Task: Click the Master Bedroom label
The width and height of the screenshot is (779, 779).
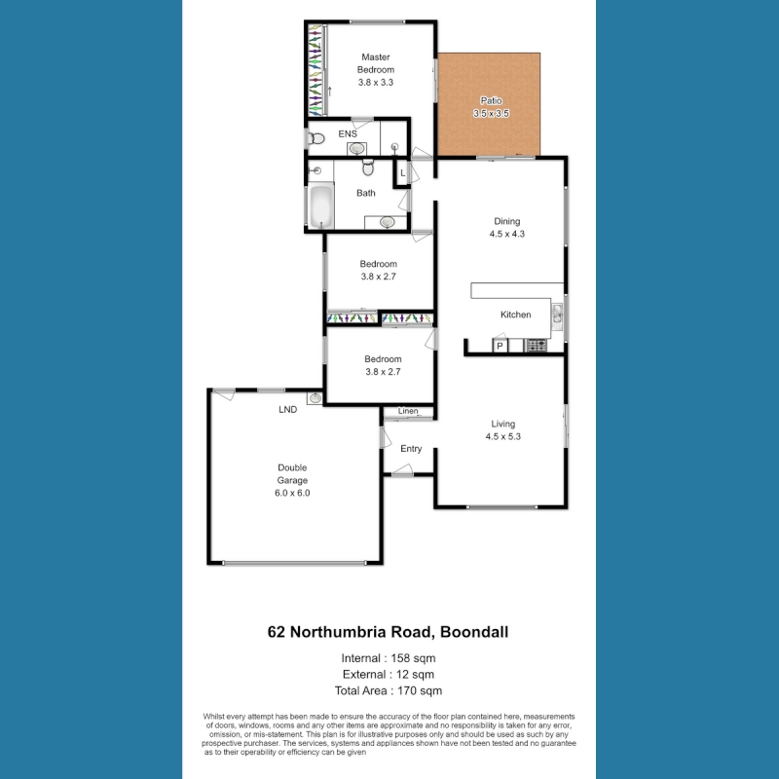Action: pos(376,63)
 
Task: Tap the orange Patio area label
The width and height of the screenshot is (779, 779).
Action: pos(491,100)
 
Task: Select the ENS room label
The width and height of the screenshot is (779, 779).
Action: pos(348,133)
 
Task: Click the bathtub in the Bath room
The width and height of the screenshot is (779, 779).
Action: pos(320,206)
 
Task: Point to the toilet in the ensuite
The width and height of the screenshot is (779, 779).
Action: pos(315,138)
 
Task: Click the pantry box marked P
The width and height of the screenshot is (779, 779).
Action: pos(500,346)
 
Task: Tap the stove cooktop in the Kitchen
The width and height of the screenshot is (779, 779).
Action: pos(537,346)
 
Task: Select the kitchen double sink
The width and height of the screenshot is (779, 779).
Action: pos(557,317)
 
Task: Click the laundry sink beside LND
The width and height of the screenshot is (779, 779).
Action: pos(315,398)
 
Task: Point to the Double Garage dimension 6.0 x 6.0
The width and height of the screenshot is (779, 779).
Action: pos(292,493)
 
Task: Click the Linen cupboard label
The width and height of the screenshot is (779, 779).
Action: pos(408,411)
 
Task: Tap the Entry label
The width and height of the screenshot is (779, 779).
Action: pos(411,449)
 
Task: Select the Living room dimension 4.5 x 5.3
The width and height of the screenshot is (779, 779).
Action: pos(502,436)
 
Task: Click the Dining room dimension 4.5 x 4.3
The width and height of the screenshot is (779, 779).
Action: pos(506,234)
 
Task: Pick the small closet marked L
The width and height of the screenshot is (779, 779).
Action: pos(402,173)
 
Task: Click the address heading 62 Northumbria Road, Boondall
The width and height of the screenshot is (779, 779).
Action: pos(388,632)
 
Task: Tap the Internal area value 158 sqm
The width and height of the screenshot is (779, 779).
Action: pos(413,658)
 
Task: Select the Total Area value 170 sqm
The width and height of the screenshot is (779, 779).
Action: pos(420,690)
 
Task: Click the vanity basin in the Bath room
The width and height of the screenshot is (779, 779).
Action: pos(387,222)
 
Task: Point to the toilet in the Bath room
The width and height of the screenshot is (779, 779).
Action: pos(368,167)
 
